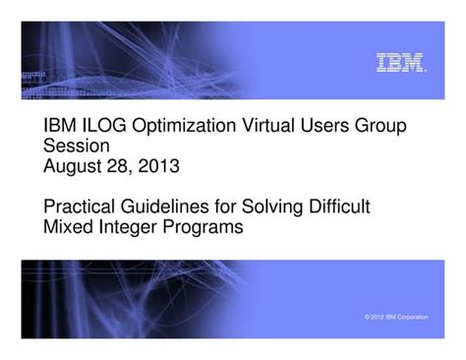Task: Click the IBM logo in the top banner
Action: click(401, 64)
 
